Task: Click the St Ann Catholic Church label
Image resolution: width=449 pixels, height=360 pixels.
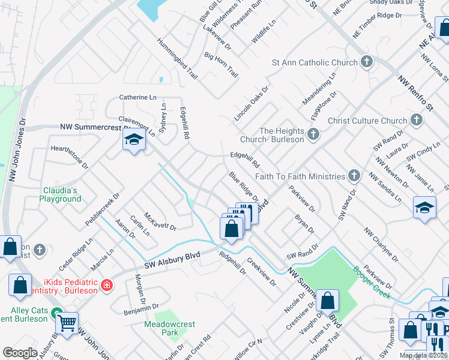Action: click(x=314, y=62)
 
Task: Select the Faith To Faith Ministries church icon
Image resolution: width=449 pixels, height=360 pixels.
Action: click(x=354, y=176)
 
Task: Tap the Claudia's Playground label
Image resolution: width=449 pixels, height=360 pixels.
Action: click(x=61, y=194)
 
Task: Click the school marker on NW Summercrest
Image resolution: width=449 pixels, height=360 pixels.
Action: click(x=133, y=141)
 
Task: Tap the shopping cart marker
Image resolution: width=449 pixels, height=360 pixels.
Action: click(x=67, y=323)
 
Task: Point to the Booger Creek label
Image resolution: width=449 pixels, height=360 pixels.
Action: click(x=372, y=283)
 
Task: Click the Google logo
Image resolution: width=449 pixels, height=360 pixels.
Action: click(x=20, y=353)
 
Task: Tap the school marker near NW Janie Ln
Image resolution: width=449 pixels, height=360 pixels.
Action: click(x=424, y=208)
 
